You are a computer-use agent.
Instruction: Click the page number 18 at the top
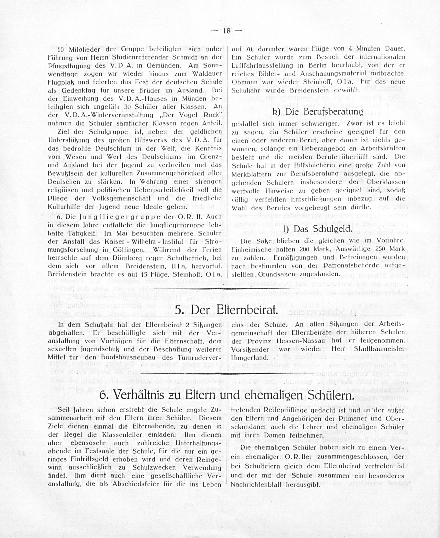227,31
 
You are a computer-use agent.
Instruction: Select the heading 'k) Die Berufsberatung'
318,112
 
